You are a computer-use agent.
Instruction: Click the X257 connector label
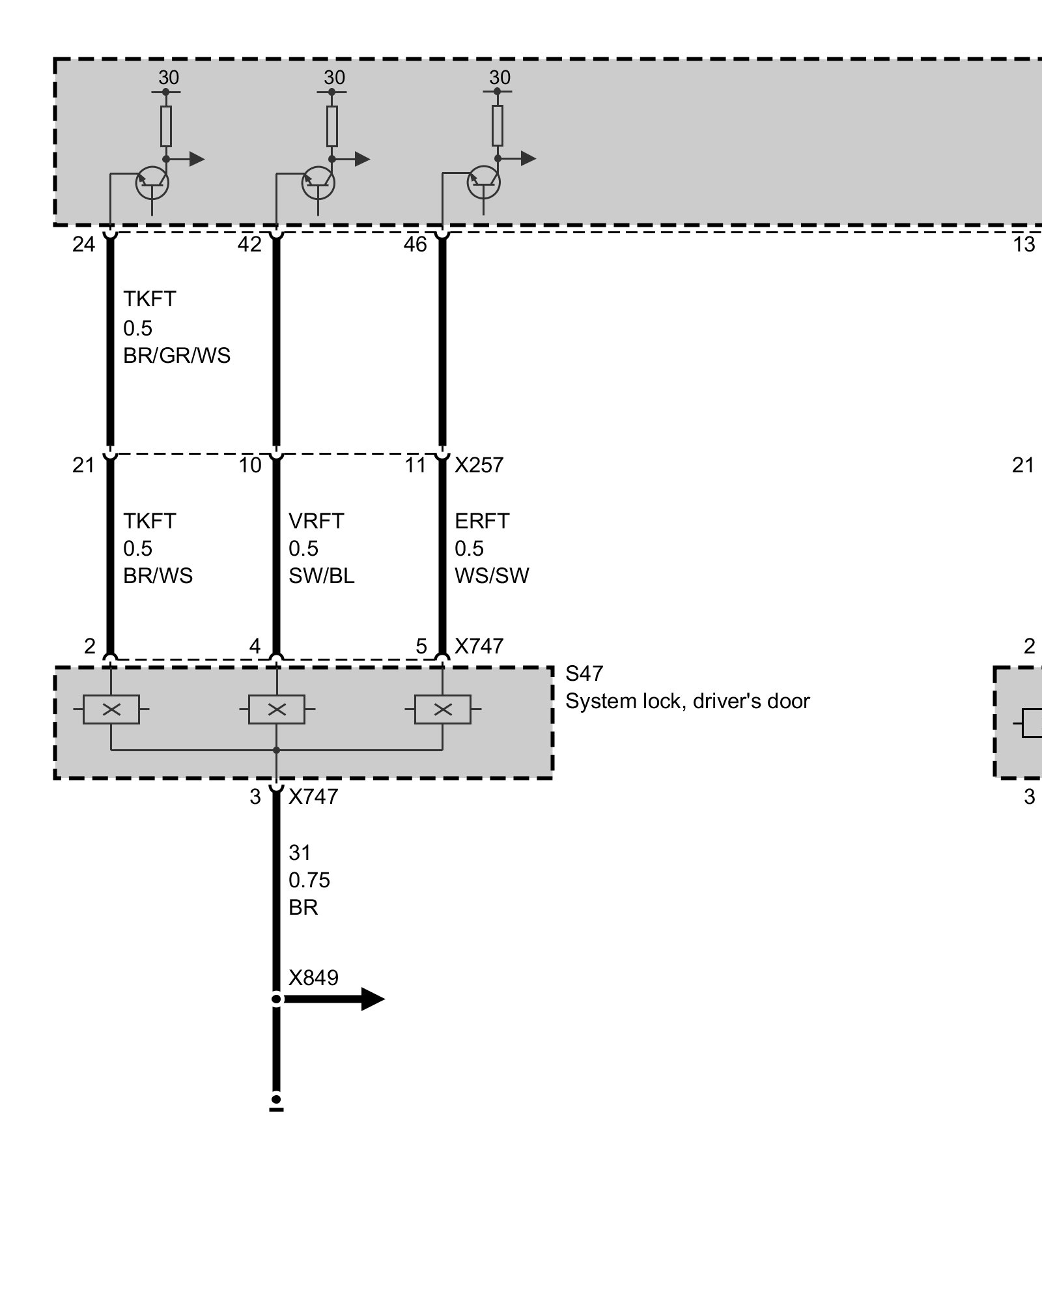[x=479, y=465]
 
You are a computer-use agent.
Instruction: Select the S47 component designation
[x=584, y=673]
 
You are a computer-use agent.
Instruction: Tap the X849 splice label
[x=313, y=977]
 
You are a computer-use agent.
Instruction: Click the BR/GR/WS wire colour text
[x=176, y=356]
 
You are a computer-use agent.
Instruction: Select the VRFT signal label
[x=316, y=521]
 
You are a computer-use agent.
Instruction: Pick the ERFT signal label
[x=482, y=521]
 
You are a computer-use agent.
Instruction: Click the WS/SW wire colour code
[x=492, y=576]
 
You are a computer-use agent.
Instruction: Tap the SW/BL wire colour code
[x=322, y=576]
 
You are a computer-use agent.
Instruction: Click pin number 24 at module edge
[x=83, y=244]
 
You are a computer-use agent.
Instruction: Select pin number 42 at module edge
[x=249, y=244]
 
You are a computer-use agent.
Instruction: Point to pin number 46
[x=415, y=244]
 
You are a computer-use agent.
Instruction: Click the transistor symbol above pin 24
[x=152, y=183]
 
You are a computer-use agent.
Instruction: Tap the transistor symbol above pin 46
[x=484, y=183]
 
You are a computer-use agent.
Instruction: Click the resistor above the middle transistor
[x=332, y=126]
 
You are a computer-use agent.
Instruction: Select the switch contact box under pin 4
[x=277, y=709]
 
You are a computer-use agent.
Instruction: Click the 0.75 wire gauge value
[x=309, y=880]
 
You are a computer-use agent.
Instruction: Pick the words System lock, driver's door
[x=687, y=701]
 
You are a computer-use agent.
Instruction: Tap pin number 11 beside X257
[x=415, y=465]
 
